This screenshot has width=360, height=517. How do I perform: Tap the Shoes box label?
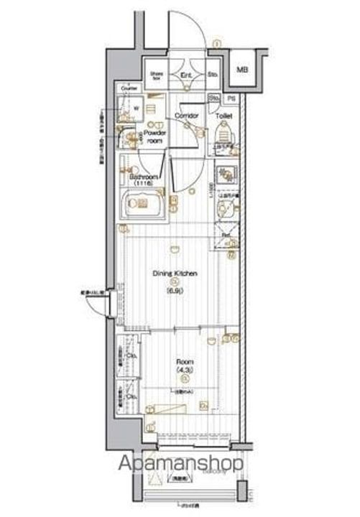[x=157, y=74]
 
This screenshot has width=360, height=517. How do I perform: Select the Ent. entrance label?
[x=185, y=74]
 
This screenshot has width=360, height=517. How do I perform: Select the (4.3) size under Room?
[x=184, y=371]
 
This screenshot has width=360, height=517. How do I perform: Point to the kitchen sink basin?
[x=226, y=210]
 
